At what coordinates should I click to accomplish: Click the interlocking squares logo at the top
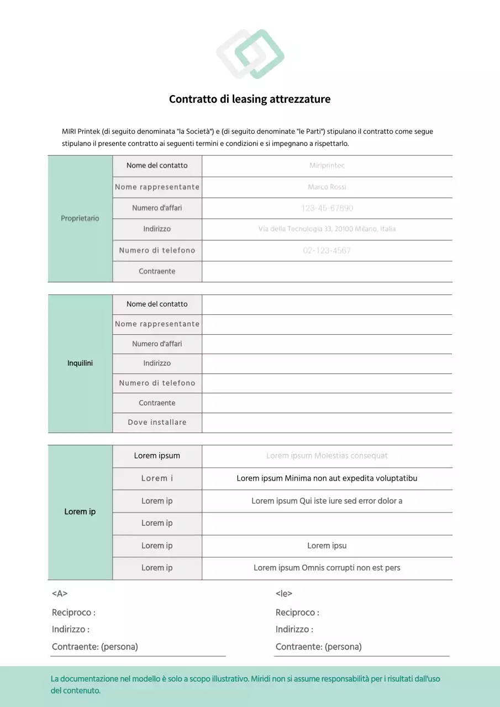pyautogui.click(x=250, y=54)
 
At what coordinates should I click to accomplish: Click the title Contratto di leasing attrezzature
pyautogui.click(x=250, y=99)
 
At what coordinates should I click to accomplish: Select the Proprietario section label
pyautogui.click(x=80, y=218)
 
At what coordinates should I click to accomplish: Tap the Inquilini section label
pyautogui.click(x=80, y=363)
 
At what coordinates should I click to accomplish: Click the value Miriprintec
pyautogui.click(x=327, y=166)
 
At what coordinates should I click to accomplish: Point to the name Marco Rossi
pyautogui.click(x=327, y=187)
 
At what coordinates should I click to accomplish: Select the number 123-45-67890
pyautogui.click(x=327, y=208)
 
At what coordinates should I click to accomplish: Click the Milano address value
pyautogui.click(x=327, y=229)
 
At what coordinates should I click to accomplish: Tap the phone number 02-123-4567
pyautogui.click(x=327, y=250)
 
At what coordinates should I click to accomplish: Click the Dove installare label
pyautogui.click(x=157, y=423)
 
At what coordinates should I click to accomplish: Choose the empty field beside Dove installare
pyautogui.click(x=327, y=423)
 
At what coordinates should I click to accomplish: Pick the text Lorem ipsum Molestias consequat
pyautogui.click(x=327, y=456)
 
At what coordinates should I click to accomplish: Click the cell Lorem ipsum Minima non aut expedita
pyautogui.click(x=327, y=478)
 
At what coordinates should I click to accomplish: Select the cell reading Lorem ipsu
pyautogui.click(x=327, y=546)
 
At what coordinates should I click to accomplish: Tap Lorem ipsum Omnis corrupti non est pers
pyautogui.click(x=327, y=568)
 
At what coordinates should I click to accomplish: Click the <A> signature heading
pyautogui.click(x=60, y=594)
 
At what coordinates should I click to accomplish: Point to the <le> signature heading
pyautogui.click(x=284, y=594)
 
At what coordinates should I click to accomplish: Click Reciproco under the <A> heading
pyautogui.click(x=73, y=613)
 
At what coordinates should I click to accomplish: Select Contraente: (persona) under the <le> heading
pyautogui.click(x=319, y=647)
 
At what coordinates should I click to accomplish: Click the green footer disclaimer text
pyautogui.click(x=245, y=684)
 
